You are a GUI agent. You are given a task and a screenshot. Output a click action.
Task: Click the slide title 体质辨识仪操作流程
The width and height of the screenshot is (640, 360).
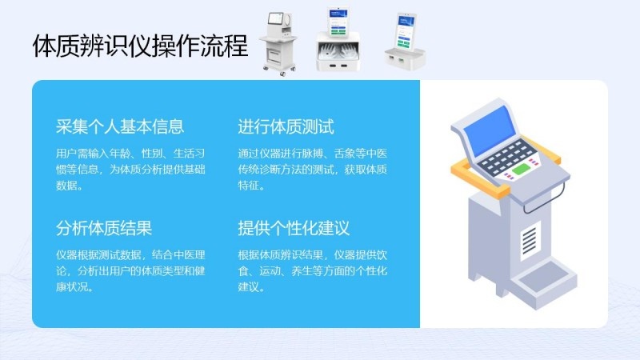(140, 46)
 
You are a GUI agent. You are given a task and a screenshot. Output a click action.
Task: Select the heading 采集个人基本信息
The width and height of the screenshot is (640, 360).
(120, 126)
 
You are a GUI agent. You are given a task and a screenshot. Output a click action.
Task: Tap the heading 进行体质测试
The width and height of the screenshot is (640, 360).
(286, 126)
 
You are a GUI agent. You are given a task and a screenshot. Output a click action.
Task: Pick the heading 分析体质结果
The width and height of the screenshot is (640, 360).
(104, 228)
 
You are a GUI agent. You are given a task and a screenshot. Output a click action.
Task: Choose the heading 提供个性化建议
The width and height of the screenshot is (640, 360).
(294, 228)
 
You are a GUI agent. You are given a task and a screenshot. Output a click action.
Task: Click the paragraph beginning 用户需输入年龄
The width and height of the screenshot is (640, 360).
(130, 170)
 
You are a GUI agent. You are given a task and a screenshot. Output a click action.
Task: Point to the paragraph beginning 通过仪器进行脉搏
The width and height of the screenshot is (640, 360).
(312, 170)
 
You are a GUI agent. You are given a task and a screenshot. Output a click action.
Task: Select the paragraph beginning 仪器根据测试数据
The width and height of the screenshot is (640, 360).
(130, 270)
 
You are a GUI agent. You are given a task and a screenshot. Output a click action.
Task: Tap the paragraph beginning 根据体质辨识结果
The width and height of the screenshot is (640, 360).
(312, 270)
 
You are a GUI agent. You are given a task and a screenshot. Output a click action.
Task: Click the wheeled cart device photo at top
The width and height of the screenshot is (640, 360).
(278, 44)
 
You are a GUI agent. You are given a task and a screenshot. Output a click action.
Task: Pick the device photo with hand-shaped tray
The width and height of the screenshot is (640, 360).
(338, 39)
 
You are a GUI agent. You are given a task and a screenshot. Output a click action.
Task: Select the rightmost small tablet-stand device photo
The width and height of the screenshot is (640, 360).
(405, 42)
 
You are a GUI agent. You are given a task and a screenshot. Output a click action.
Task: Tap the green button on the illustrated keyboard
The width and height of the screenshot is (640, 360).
(522, 169)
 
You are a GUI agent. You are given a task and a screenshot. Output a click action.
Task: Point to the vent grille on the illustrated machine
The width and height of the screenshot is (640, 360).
(530, 240)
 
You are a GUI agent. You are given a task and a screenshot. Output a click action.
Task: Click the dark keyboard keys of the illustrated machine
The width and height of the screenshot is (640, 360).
(506, 157)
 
